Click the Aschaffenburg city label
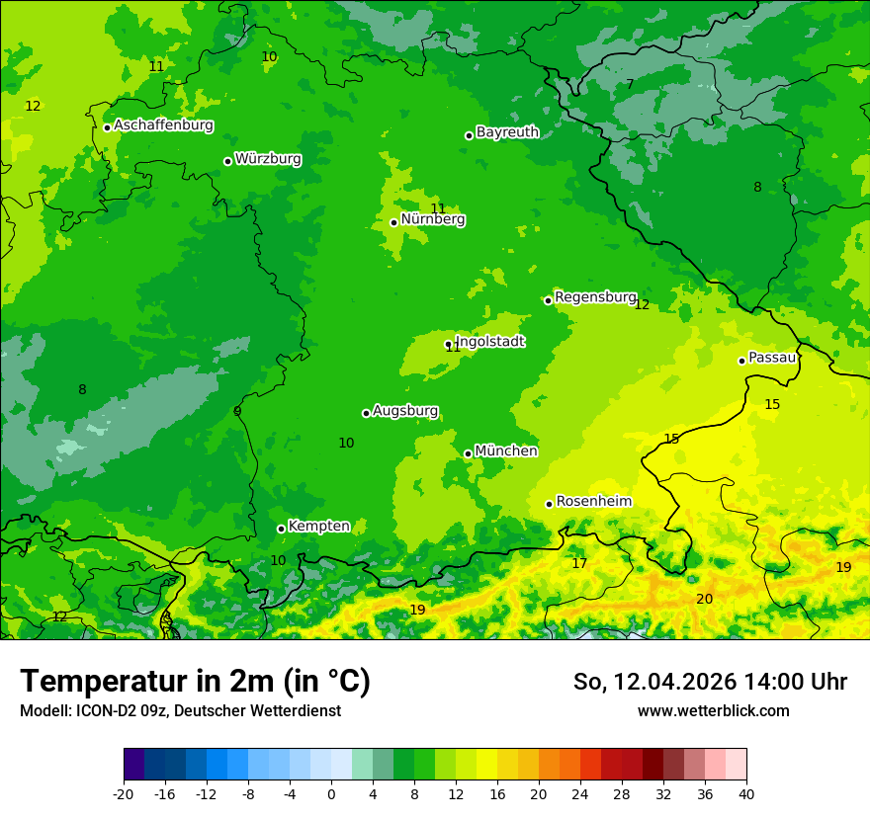click(x=163, y=125)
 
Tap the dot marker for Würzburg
click(x=227, y=161)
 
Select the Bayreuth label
click(x=507, y=131)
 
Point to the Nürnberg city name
click(x=432, y=219)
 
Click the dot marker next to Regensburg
click(x=548, y=300)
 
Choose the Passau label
click(x=771, y=358)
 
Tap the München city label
click(x=506, y=451)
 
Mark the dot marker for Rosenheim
click(x=549, y=505)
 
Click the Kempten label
click(x=318, y=527)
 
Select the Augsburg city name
click(x=404, y=411)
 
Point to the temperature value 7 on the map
click(x=630, y=85)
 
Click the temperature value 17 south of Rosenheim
click(x=579, y=564)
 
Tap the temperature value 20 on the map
click(x=704, y=599)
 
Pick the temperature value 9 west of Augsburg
click(x=237, y=411)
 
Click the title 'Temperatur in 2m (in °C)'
click(x=195, y=682)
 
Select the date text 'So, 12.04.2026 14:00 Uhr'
click(x=710, y=682)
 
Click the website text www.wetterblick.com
click(x=713, y=710)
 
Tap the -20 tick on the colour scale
click(x=124, y=793)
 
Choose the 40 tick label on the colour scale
click(x=746, y=793)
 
